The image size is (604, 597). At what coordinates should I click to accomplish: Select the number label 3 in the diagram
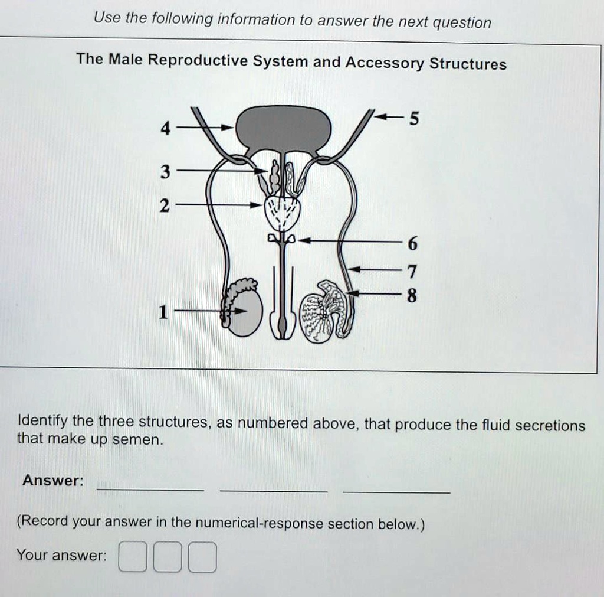click(x=165, y=172)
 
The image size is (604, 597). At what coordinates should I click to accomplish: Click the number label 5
click(x=414, y=119)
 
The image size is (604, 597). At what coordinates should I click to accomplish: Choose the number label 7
click(x=412, y=272)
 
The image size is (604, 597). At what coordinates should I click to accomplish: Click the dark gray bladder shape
click(x=284, y=128)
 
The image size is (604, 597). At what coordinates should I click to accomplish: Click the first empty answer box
click(x=133, y=557)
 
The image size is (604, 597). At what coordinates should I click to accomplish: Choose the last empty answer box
click(x=202, y=557)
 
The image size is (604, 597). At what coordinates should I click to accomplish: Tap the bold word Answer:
click(x=52, y=481)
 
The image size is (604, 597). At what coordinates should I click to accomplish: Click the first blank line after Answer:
click(x=150, y=489)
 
